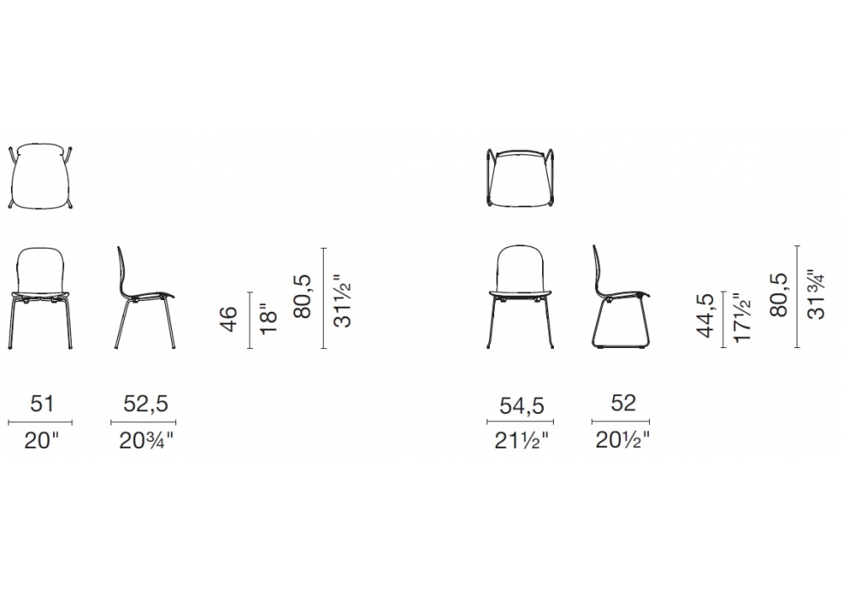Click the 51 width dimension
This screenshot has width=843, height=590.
[42, 403]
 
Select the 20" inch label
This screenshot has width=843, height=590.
[41, 441]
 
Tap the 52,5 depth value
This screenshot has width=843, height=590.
[146, 404]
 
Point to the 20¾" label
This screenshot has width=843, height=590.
[146, 441]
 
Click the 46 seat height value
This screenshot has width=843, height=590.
[229, 319]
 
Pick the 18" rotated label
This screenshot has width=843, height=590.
[268, 322]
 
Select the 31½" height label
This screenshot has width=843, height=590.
[342, 301]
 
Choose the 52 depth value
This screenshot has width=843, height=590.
[623, 403]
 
